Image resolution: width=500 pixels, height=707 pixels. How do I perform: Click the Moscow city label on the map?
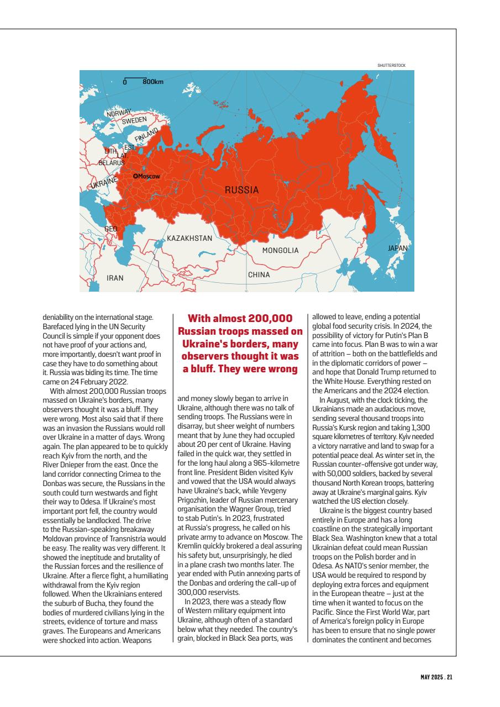pyautogui.click(x=148, y=176)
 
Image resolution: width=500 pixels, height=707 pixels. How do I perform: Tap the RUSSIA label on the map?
pyautogui.click(x=241, y=190)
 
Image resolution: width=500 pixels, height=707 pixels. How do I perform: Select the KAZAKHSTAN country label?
pyautogui.click(x=190, y=239)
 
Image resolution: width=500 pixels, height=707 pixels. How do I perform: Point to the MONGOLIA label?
pyautogui.click(x=280, y=250)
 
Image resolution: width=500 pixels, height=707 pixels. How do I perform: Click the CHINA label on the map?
pyautogui.click(x=259, y=275)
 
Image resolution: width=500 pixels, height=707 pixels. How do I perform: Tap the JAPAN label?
pyautogui.click(x=397, y=249)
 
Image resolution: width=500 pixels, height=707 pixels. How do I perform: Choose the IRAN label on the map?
pyautogui.click(x=115, y=278)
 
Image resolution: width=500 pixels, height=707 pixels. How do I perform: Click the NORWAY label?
pyautogui.click(x=119, y=113)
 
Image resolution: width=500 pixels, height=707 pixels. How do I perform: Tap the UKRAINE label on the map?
pyautogui.click(x=104, y=182)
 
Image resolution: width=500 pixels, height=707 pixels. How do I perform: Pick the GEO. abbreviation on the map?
pyautogui.click(x=111, y=228)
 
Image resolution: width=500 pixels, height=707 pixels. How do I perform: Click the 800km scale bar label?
pyautogui.click(x=153, y=82)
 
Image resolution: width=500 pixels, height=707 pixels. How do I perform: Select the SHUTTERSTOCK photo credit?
pyautogui.click(x=391, y=65)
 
